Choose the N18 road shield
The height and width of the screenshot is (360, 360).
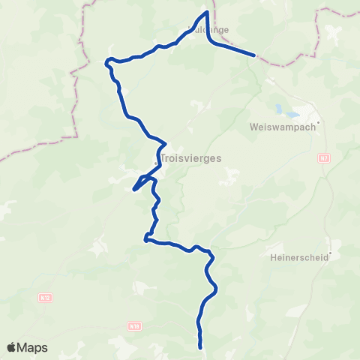(x=134, y=326)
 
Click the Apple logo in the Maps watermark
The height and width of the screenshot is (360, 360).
(x=12, y=347)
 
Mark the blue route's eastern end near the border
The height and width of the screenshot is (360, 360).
(x=256, y=55)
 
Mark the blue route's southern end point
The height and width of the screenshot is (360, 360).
(x=201, y=347)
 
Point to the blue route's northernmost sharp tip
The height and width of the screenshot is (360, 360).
(x=206, y=12)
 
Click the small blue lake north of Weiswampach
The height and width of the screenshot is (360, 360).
(x=286, y=112)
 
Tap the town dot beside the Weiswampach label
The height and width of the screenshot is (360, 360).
(x=319, y=123)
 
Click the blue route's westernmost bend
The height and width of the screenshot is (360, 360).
(x=106, y=61)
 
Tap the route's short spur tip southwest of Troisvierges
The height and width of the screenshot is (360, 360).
(x=133, y=190)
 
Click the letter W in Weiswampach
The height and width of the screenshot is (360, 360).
(x=252, y=127)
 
